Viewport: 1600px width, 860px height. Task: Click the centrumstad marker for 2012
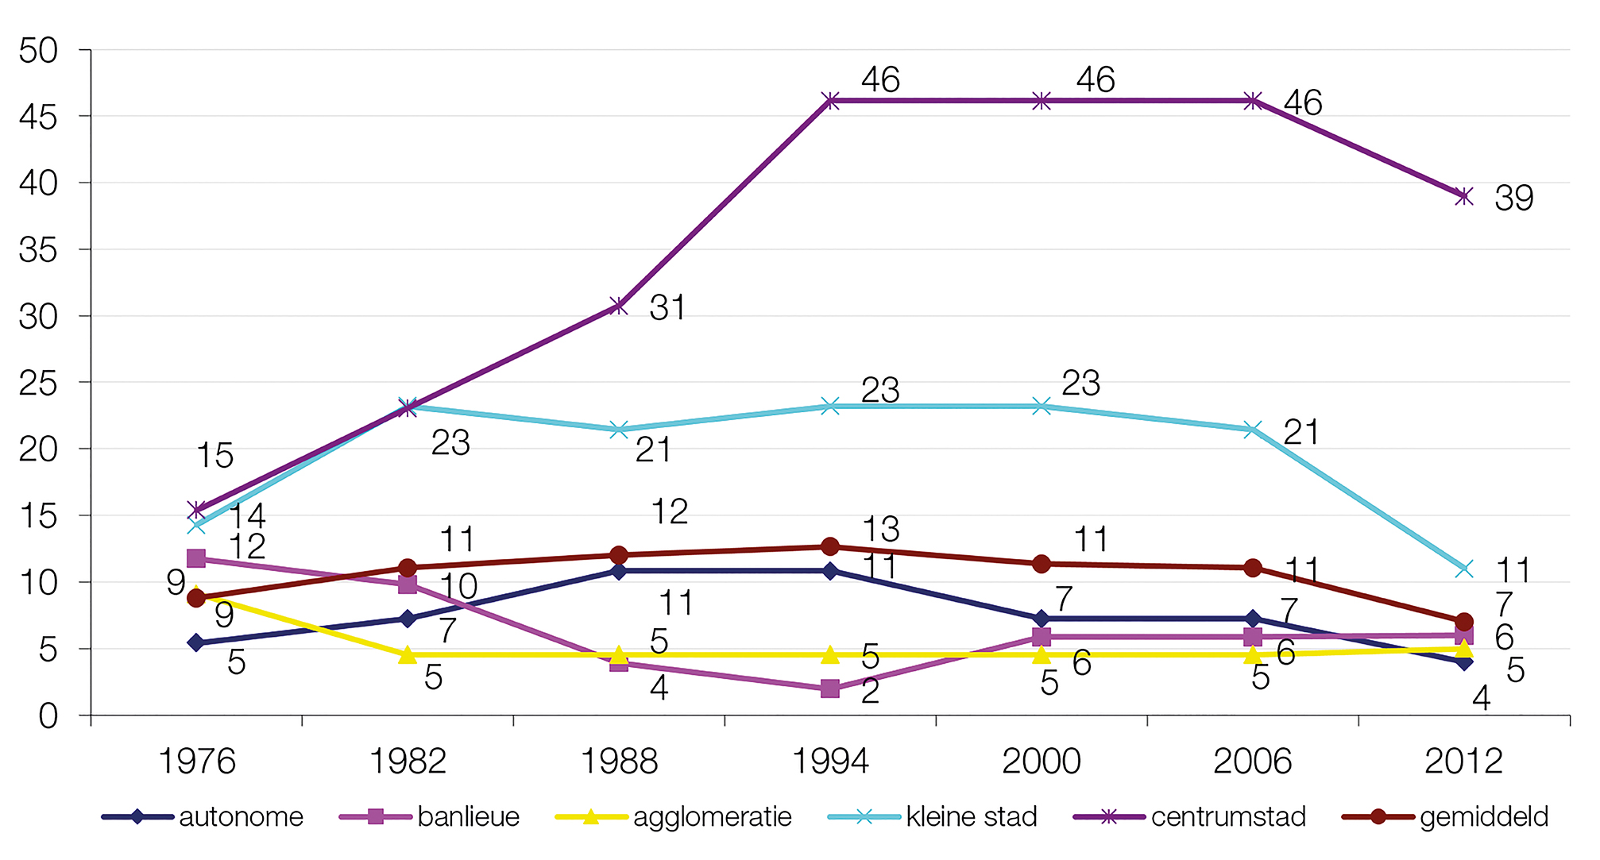click(x=1464, y=196)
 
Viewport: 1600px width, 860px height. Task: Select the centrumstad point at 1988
click(x=619, y=306)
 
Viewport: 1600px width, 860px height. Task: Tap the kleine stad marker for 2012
click(x=1464, y=569)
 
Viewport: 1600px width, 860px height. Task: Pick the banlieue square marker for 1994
click(x=830, y=688)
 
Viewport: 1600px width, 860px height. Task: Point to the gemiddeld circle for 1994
click(x=830, y=546)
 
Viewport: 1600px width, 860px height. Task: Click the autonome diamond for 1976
click(x=197, y=642)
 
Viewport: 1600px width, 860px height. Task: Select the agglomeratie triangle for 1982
click(x=408, y=654)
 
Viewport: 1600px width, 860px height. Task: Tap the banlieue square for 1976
click(x=196, y=558)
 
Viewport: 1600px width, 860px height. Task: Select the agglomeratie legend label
click(x=712, y=817)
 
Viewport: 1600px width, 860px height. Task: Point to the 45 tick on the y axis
click(x=38, y=118)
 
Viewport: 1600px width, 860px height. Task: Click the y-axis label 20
click(x=38, y=449)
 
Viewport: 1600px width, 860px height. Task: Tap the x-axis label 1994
click(x=830, y=762)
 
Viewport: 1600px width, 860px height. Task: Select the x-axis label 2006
click(x=1252, y=762)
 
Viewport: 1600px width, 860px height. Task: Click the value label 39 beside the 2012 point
click(x=1513, y=199)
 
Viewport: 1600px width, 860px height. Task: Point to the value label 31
click(x=667, y=308)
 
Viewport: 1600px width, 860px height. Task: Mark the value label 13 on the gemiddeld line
click(x=880, y=530)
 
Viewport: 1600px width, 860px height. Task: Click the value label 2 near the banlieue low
click(x=871, y=692)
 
